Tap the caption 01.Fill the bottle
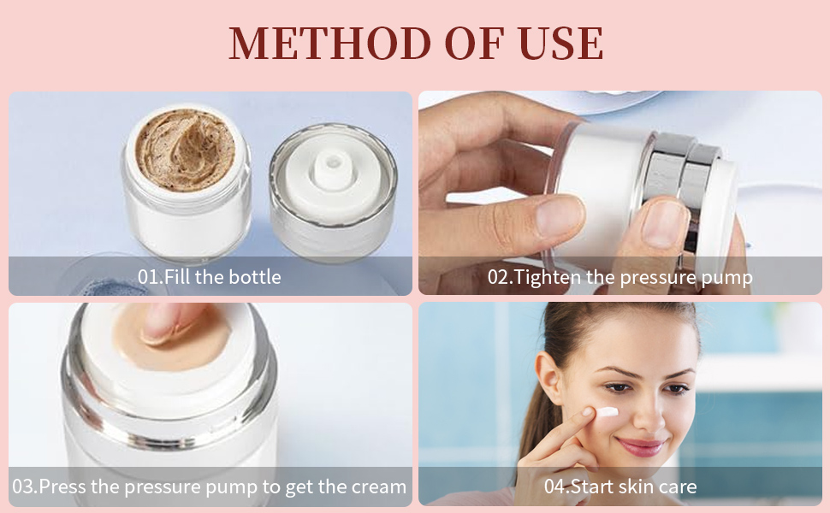pyautogui.click(x=209, y=277)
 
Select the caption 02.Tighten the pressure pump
pyautogui.click(x=620, y=277)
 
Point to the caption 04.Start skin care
pyautogui.click(x=620, y=487)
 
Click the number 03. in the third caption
pyautogui.click(x=25, y=487)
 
